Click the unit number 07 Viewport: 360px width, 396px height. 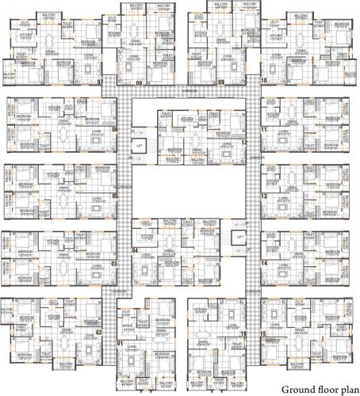pos(100,82)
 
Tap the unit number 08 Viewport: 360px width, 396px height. pos(139,82)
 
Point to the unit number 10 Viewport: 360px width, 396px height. pos(262,81)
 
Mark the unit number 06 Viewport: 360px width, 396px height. pos(114,130)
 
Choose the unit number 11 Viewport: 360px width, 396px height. pos(262,129)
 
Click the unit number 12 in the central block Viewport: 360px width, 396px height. pos(245,143)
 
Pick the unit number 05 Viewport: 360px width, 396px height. pos(114,196)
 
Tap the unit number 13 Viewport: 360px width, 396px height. pos(262,196)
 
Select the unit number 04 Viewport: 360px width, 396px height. pos(136,250)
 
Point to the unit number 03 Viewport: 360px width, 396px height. pos(114,264)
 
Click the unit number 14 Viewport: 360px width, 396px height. pos(262,263)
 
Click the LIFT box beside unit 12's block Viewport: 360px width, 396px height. pos(140,147)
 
